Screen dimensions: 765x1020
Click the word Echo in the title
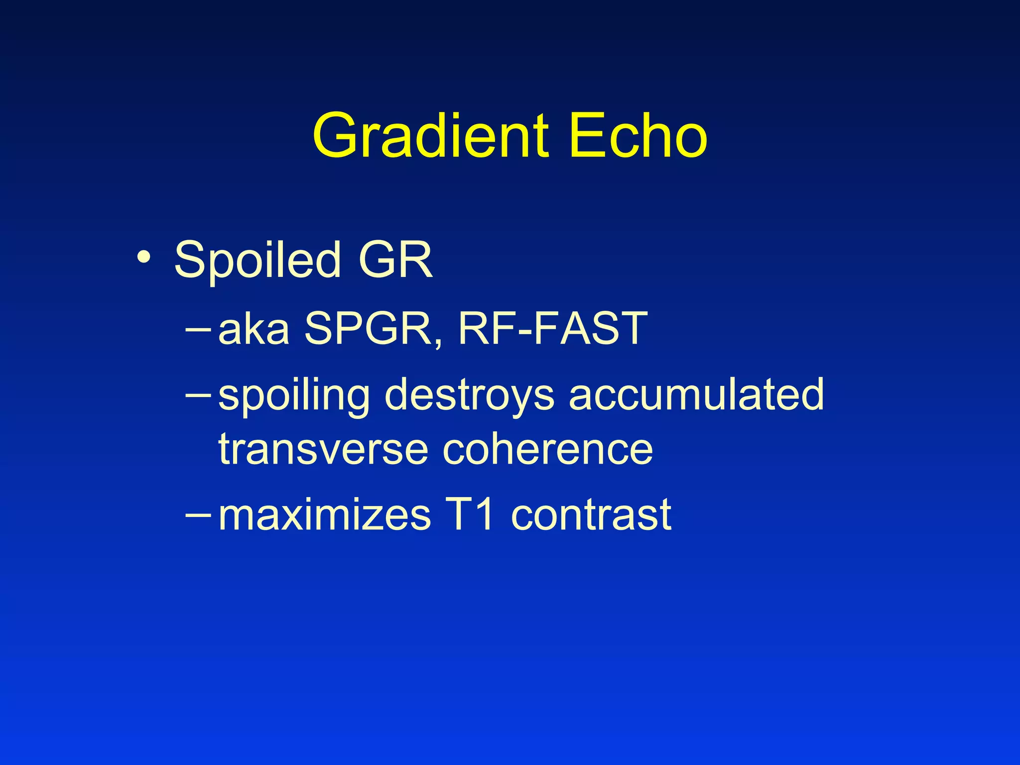pos(638,135)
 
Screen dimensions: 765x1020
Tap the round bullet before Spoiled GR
pos(144,257)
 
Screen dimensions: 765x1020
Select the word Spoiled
pos(257,260)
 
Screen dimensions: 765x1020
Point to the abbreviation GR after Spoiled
pos(395,260)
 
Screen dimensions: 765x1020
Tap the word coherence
pos(548,449)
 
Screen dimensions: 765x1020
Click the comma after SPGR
pos(438,343)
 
